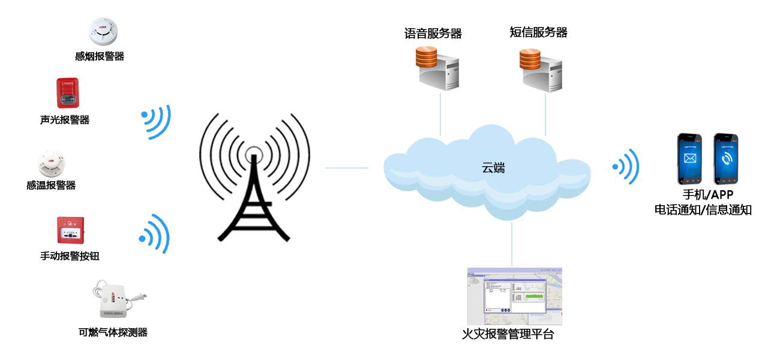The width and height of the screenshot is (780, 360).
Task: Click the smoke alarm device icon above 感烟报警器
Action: coord(103,31)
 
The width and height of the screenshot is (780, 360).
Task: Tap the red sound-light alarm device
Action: coord(68,93)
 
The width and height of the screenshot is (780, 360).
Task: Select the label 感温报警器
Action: coord(51,185)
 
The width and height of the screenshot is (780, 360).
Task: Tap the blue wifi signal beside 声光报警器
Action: coord(157,122)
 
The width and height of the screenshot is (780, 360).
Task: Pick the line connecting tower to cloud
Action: coord(346,168)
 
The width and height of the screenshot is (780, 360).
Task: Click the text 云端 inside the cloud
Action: coord(493,168)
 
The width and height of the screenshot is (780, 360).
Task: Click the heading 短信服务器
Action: coord(538,32)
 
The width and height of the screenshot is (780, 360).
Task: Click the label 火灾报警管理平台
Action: coord(508,334)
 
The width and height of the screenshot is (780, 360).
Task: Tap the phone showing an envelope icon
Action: coord(689,159)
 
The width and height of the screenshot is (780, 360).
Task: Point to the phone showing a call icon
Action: coord(725,159)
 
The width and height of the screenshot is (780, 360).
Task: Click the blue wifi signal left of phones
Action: coord(626,166)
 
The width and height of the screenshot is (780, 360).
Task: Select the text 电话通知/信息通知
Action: coord(703,210)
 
